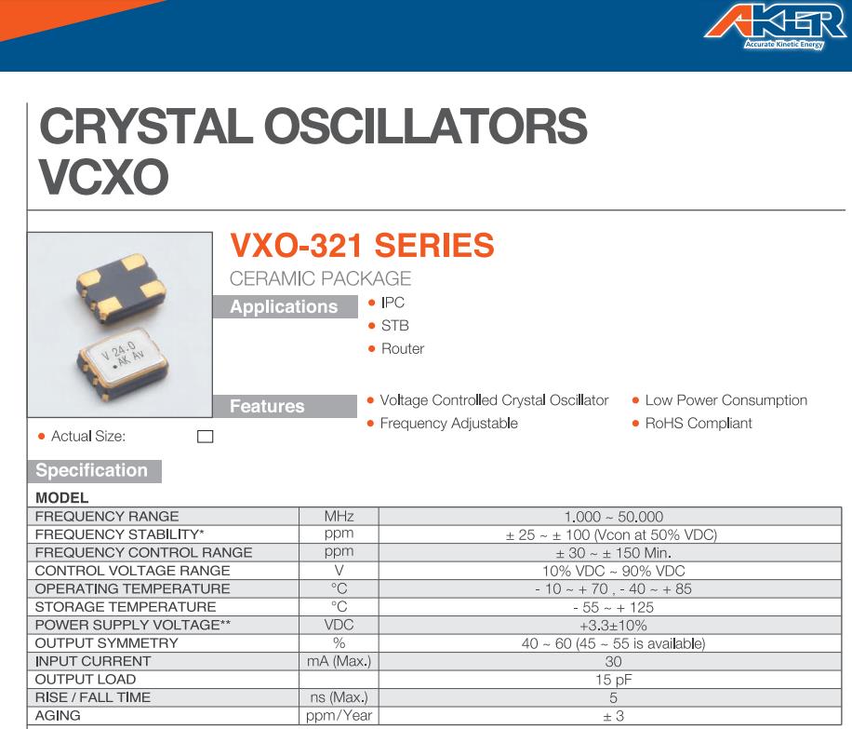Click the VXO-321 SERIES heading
[x=362, y=245]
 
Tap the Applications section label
[x=285, y=307]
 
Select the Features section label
[x=285, y=406]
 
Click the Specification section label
[x=94, y=470]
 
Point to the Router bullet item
[x=403, y=348]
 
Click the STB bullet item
[x=395, y=325]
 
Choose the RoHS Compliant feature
[x=699, y=424]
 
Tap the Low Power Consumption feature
[x=726, y=400]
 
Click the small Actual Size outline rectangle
[x=205, y=437]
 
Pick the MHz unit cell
[x=339, y=516]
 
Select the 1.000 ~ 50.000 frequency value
[x=614, y=517]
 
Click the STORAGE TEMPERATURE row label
[x=126, y=607]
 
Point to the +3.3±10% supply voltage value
[x=614, y=625]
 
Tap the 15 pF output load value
[x=614, y=680]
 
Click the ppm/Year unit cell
[x=339, y=715]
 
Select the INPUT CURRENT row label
[x=93, y=661]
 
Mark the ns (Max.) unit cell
[x=339, y=697]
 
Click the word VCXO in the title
[x=104, y=177]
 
